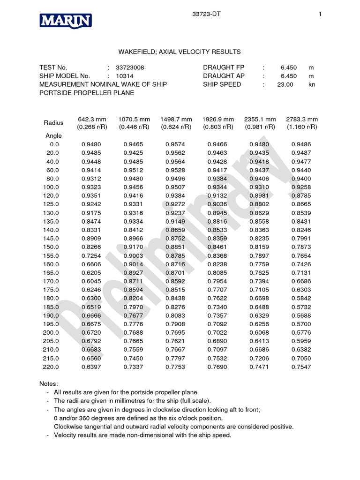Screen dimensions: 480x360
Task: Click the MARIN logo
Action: click(65, 21)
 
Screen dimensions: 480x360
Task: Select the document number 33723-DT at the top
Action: click(206, 15)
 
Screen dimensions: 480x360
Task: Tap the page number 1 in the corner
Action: click(320, 15)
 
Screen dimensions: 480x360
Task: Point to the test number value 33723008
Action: click(130, 67)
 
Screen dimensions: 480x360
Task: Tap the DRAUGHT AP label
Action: click(224, 76)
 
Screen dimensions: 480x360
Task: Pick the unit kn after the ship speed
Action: click(312, 84)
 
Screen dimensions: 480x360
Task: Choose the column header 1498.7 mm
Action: click(176, 119)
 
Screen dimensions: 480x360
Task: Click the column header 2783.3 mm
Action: click(302, 119)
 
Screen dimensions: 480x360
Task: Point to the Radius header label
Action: click(53, 123)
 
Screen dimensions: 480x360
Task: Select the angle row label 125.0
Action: click(52, 204)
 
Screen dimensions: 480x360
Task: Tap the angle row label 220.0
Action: click(52, 367)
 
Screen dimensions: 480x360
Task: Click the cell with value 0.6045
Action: click(91, 281)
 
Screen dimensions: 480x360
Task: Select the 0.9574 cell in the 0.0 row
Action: click(175, 144)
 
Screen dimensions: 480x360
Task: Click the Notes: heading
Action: click(49, 383)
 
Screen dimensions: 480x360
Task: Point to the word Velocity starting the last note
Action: click(66, 435)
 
